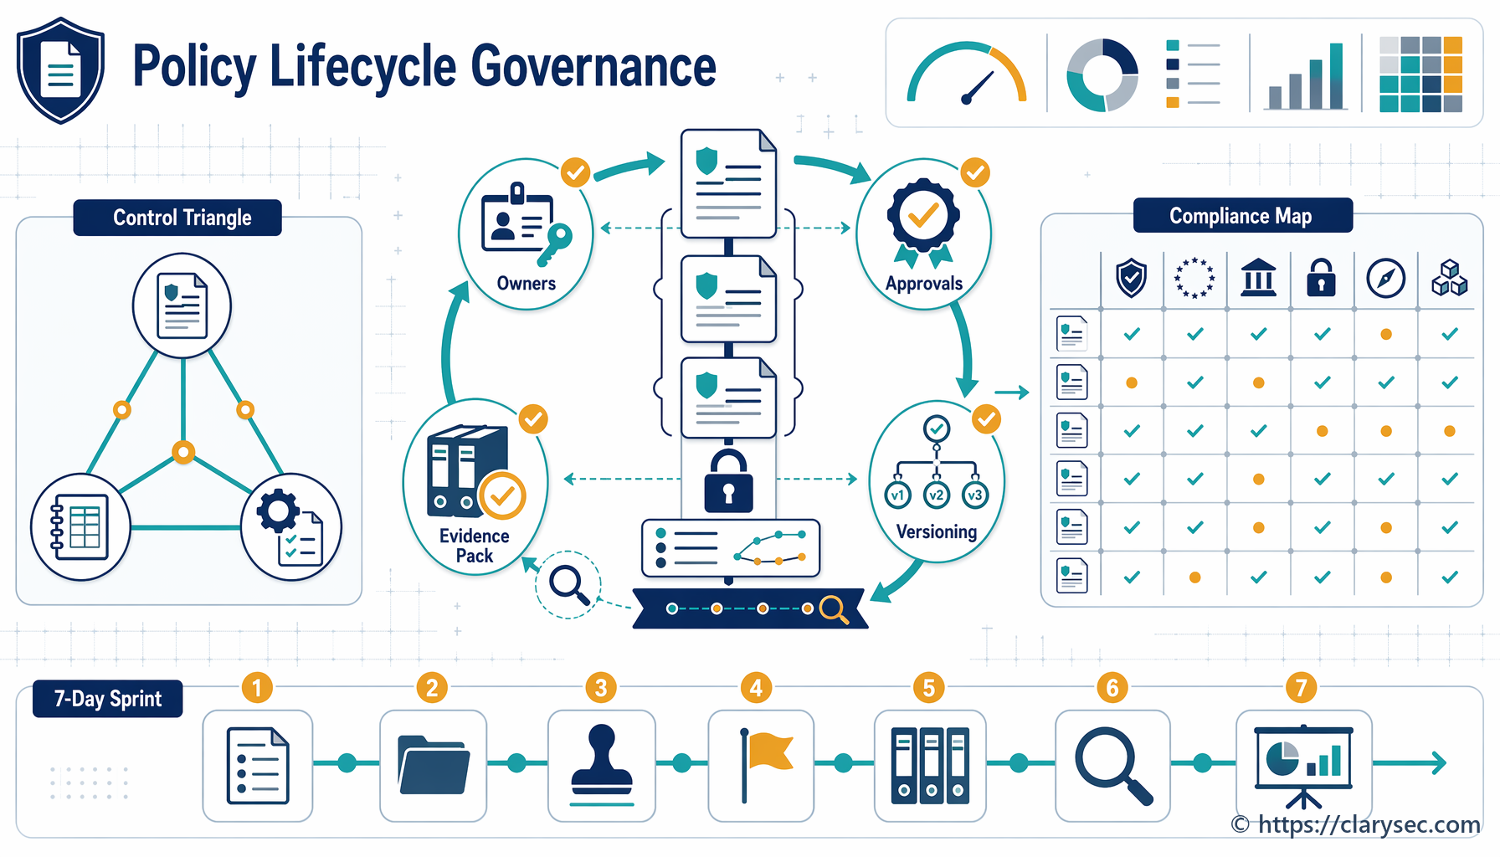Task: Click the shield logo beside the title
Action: coord(60,70)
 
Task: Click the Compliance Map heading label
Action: coord(1242,216)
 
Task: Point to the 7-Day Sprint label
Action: coord(108,699)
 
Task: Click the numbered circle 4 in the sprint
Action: coord(757,688)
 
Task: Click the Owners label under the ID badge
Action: coord(527,284)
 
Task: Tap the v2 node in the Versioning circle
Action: coord(936,495)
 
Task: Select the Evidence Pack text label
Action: coord(475,546)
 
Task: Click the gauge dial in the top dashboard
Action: coord(967,74)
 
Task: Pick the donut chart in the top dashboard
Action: coord(1102,74)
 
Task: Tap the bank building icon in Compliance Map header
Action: coord(1259,278)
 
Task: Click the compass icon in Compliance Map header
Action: coord(1386,278)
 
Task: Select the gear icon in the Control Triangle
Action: coord(278,511)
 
